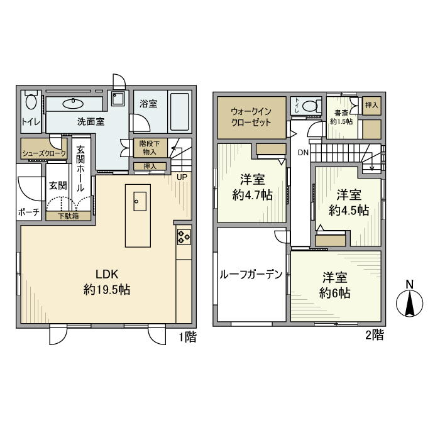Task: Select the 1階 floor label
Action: (x=187, y=338)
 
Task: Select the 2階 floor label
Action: (x=374, y=335)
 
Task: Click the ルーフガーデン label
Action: (x=250, y=274)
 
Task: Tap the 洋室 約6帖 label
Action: (x=335, y=285)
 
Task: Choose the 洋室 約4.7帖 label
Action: (x=252, y=187)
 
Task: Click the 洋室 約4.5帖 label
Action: (x=347, y=202)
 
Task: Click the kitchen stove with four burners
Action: (x=184, y=237)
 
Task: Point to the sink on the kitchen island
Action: (x=139, y=201)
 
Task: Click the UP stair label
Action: (x=182, y=177)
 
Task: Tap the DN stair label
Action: (x=303, y=153)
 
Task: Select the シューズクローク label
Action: (x=44, y=153)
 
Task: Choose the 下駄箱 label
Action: (x=69, y=216)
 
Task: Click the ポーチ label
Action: (x=29, y=212)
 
